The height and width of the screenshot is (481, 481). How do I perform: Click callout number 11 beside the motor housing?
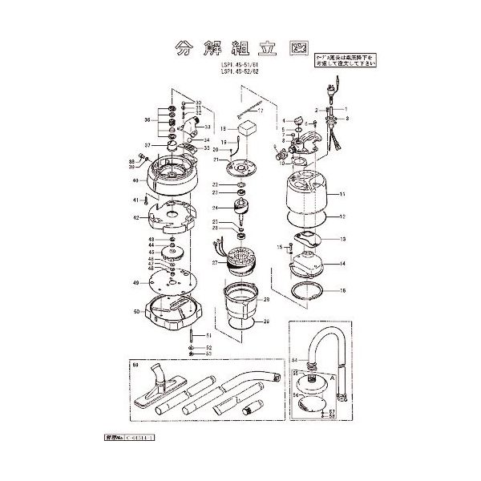[342, 195]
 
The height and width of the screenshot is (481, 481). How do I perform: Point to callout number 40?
[136, 180]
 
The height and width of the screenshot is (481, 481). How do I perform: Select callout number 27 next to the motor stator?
[215, 262]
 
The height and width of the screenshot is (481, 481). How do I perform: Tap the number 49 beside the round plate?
[137, 283]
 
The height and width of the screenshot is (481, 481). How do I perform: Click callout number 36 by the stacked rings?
[147, 119]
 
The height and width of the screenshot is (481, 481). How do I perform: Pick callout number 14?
[342, 264]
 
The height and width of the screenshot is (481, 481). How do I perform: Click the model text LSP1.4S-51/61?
[242, 65]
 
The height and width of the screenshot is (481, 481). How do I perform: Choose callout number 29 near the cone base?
[265, 321]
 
